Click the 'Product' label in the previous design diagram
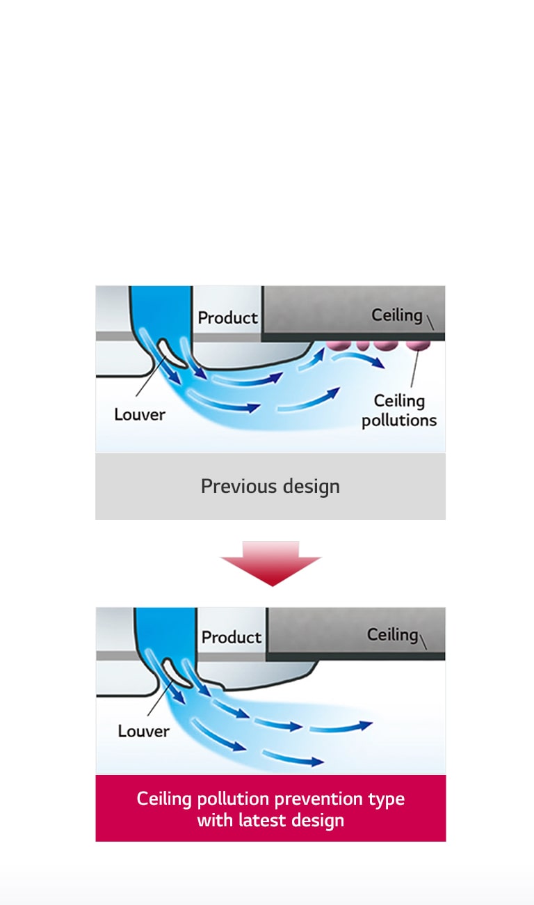point(227,317)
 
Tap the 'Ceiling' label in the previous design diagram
point(396,315)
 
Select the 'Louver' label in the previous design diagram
point(140,414)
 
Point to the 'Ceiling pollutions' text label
point(399,411)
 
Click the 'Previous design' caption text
point(270,486)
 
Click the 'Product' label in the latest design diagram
point(232,637)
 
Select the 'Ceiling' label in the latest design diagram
point(392,634)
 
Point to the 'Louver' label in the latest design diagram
point(143,731)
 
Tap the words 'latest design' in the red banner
point(290,820)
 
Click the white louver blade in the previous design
point(170,354)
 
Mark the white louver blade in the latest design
point(174,672)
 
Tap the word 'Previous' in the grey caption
point(229,486)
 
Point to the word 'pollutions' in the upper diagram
point(399,420)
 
